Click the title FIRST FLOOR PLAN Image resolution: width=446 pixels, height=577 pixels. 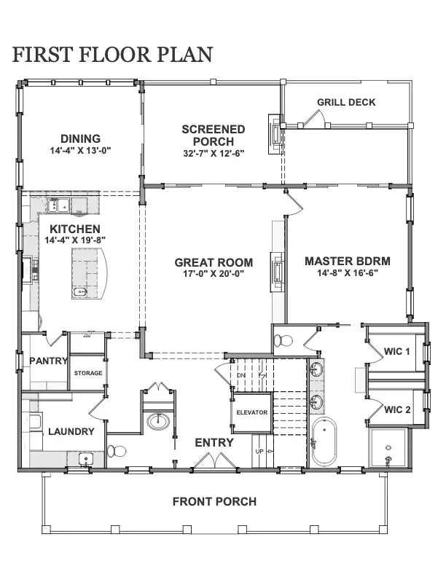click(x=112, y=54)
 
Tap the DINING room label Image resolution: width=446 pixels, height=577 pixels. click(x=80, y=138)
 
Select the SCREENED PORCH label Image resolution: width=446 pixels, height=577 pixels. click(x=213, y=135)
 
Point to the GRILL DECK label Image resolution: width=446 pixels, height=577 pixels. click(x=346, y=102)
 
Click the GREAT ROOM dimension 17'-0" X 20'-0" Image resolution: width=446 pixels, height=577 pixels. click(x=213, y=275)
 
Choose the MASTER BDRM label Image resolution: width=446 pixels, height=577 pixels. click(x=347, y=261)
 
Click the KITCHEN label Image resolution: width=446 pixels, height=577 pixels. click(x=75, y=229)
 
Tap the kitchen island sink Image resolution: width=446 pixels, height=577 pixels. click(x=79, y=292)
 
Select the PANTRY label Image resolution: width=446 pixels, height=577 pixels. click(x=48, y=361)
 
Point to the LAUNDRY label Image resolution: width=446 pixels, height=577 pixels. click(x=71, y=431)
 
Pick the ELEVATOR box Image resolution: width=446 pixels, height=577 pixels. click(x=251, y=412)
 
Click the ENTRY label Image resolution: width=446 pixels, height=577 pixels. click(x=214, y=442)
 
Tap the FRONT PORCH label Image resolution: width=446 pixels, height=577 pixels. click(x=214, y=501)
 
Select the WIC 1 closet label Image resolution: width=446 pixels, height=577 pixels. click(x=397, y=352)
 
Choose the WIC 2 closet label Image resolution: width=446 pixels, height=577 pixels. click(x=397, y=409)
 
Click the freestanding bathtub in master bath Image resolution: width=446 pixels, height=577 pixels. click(x=324, y=441)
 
